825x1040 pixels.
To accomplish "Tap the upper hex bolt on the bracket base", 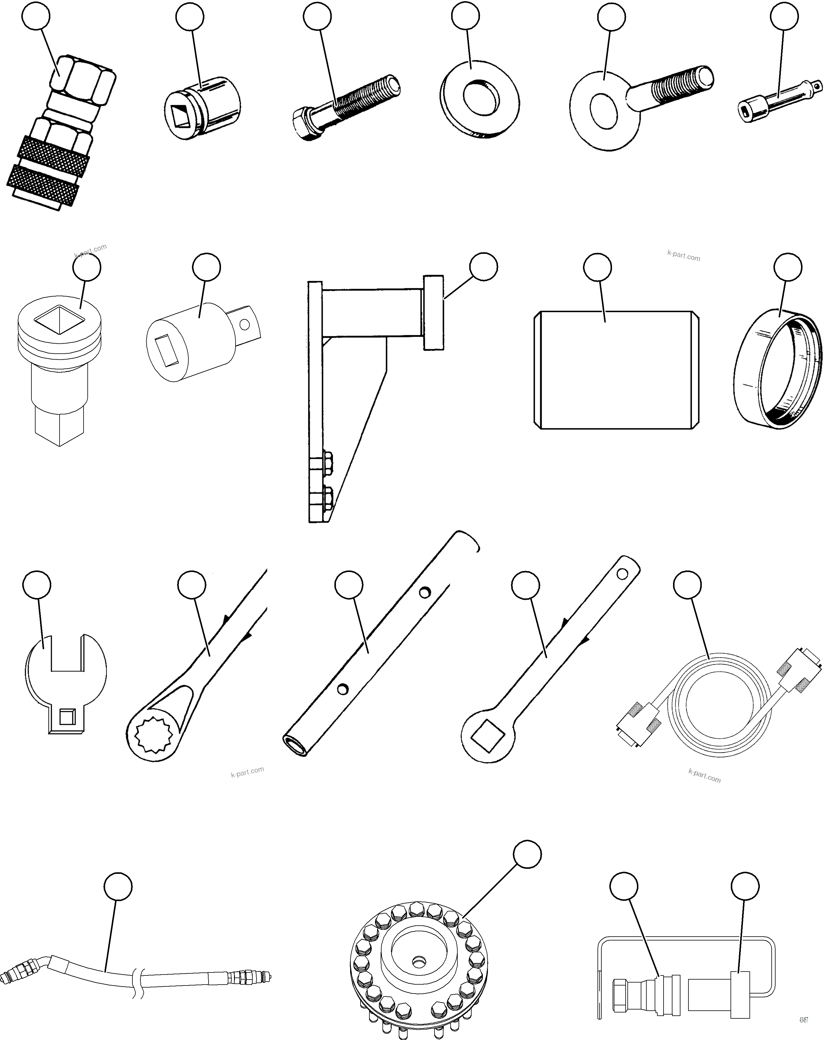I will click(x=326, y=462).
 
